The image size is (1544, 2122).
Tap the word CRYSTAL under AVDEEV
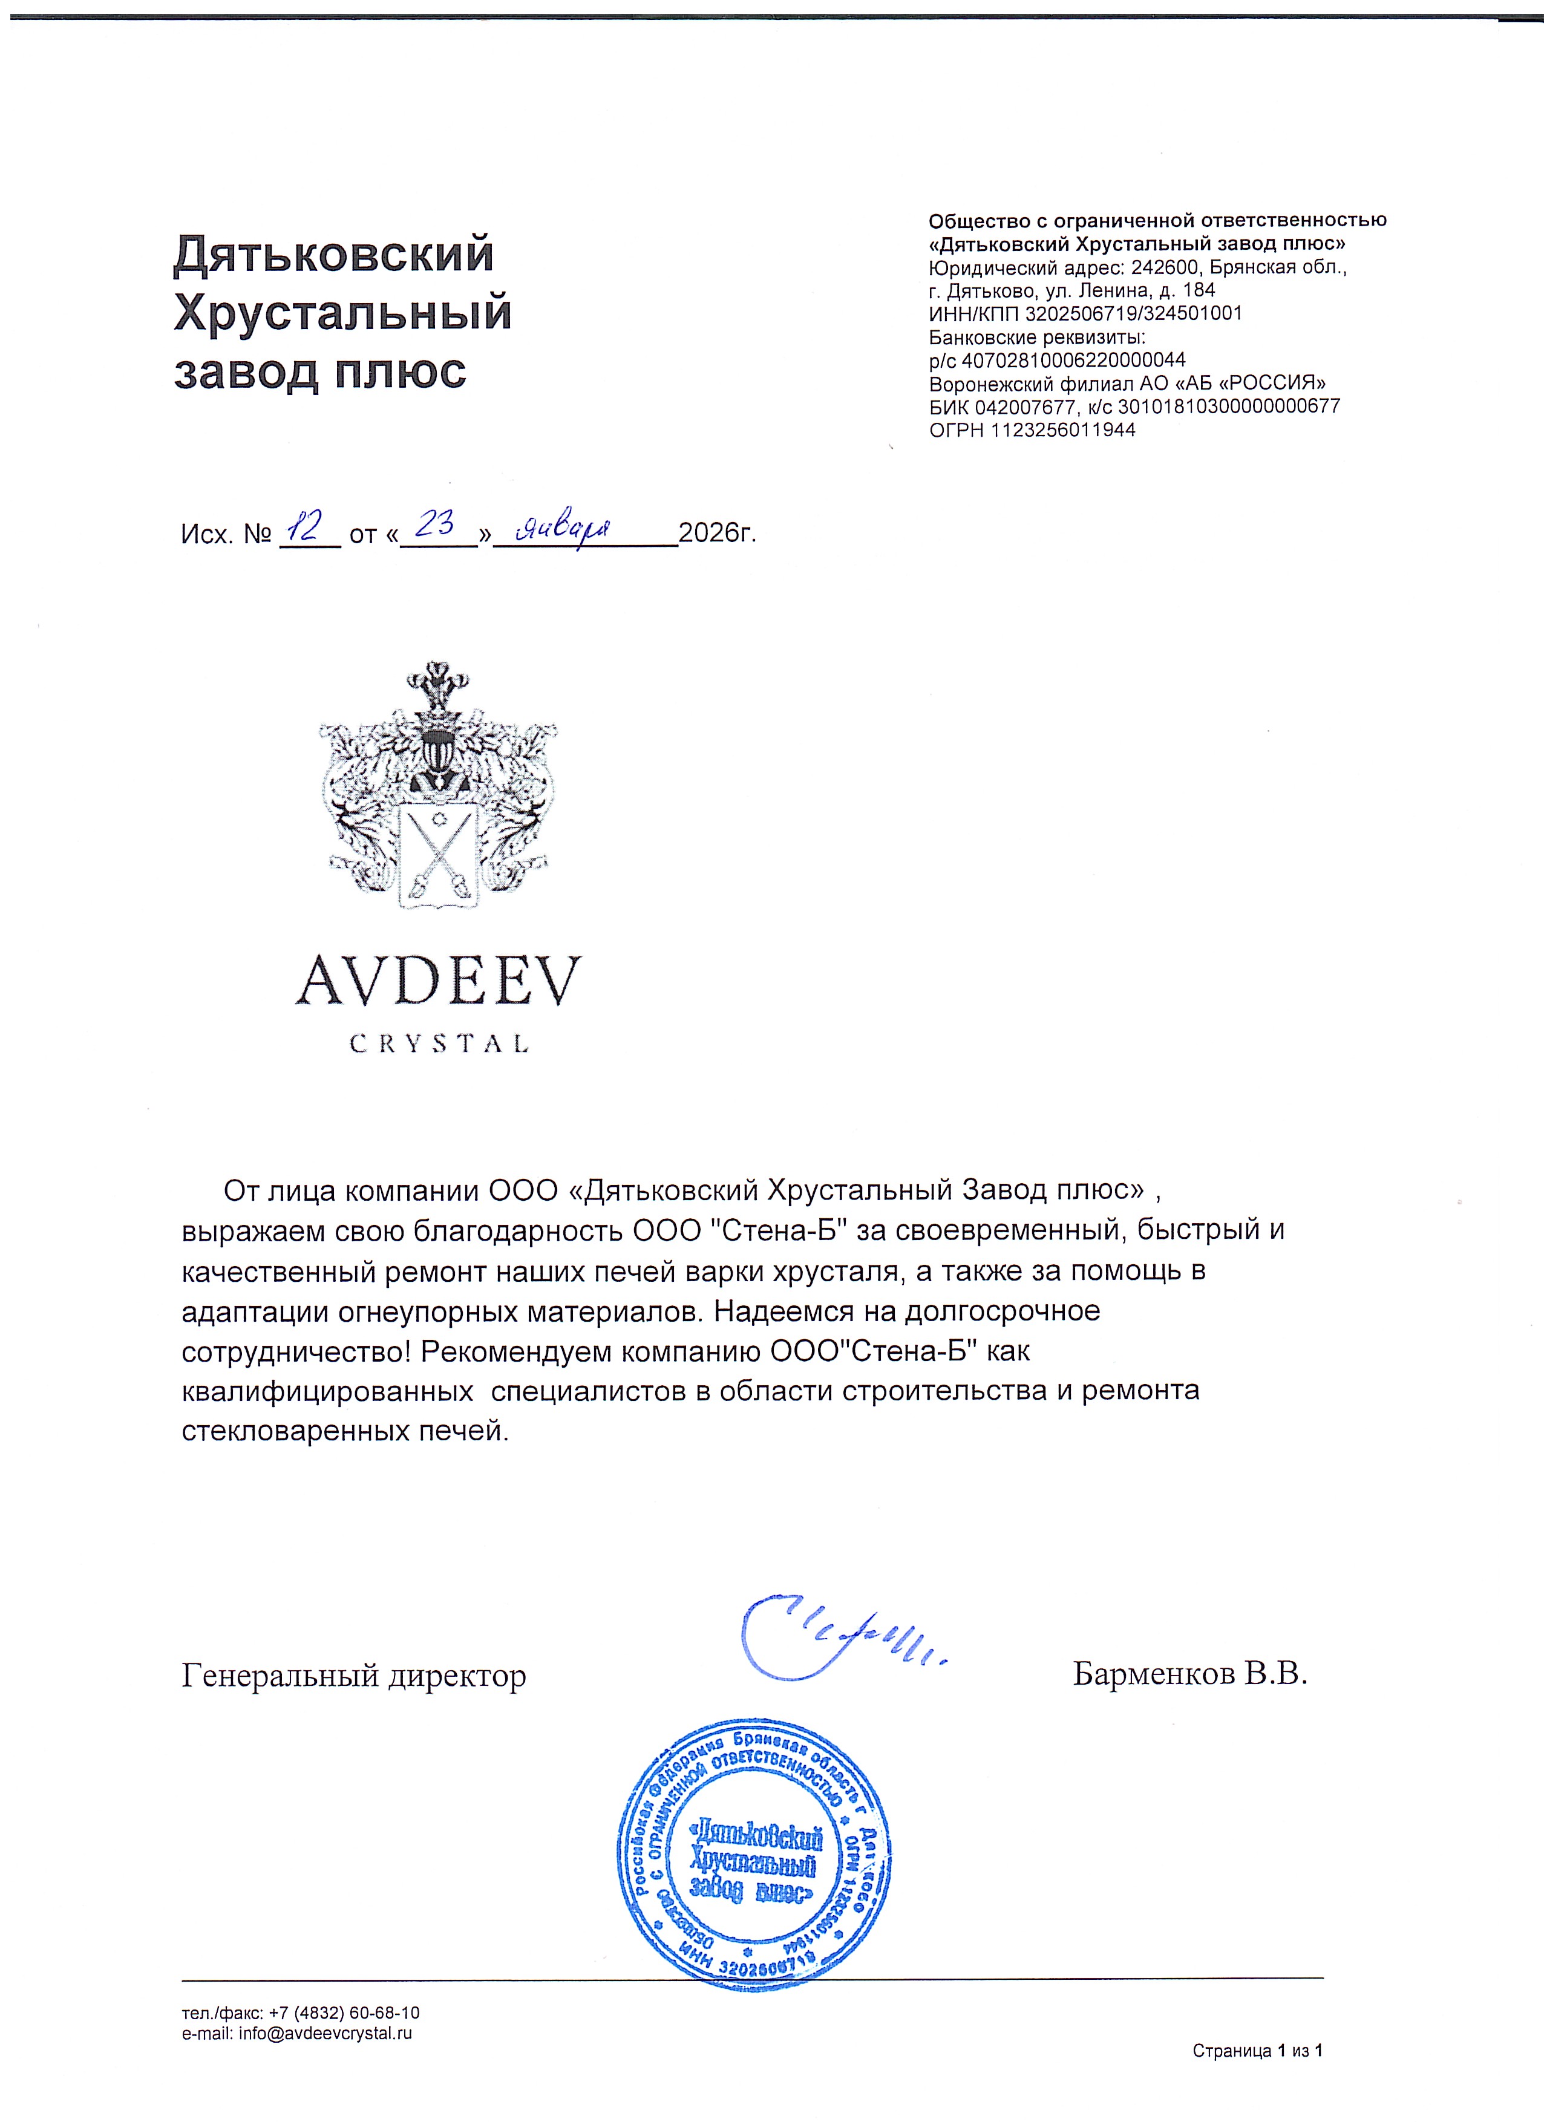tap(439, 1043)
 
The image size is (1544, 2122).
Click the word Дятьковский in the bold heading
tap(334, 255)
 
